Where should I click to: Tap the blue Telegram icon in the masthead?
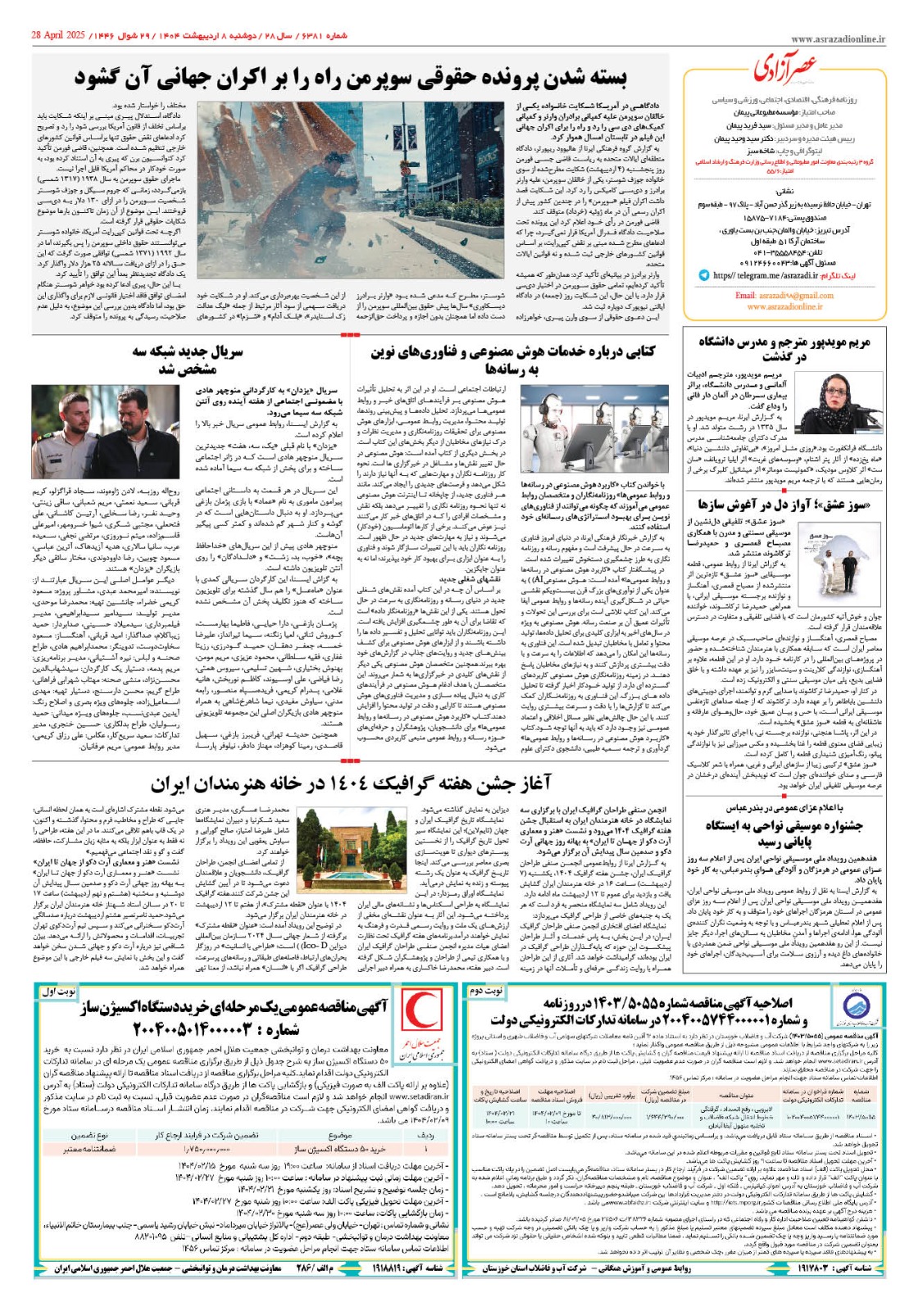point(704,276)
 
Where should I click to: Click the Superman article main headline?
point(351,79)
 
